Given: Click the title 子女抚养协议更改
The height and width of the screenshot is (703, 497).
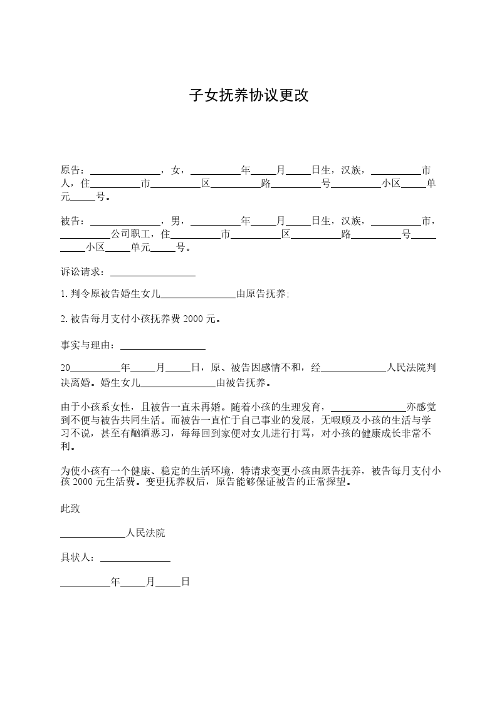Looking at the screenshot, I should tap(249, 96).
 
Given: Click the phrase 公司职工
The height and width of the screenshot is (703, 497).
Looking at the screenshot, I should tap(130, 234).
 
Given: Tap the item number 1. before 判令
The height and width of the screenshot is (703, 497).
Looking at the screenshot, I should tap(64, 294).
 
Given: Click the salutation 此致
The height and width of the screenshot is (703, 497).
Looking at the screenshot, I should tap(70, 509).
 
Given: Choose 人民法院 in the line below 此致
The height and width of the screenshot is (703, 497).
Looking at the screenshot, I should tap(145, 533).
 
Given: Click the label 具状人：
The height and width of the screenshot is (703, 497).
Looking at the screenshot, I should tap(80, 557).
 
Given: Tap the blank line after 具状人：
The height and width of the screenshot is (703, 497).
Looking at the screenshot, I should tap(135, 558).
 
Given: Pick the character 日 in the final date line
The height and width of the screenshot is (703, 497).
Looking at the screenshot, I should tap(186, 582).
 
